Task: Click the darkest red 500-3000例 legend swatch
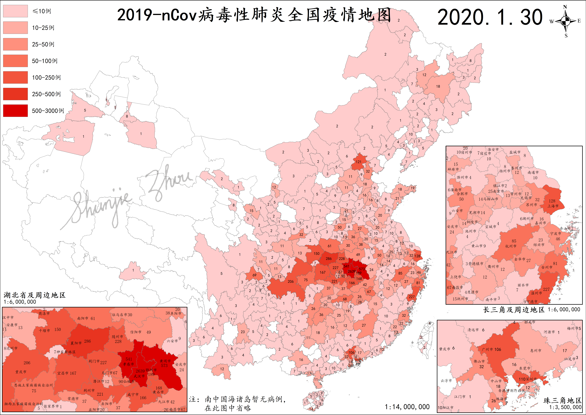(15, 111)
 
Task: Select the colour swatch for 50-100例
(15, 61)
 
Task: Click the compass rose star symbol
(566, 21)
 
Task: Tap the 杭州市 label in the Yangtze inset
(511, 246)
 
